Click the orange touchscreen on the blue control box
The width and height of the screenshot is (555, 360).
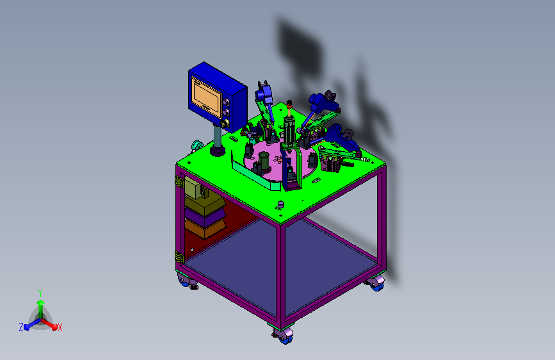(x=207, y=96)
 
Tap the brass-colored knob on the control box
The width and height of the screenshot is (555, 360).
(x=225, y=123)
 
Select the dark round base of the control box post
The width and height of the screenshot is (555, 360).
(x=218, y=151)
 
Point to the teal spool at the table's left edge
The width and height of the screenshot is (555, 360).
(x=197, y=145)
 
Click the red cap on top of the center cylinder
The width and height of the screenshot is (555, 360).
(x=289, y=103)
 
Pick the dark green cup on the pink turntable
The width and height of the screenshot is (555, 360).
(x=263, y=160)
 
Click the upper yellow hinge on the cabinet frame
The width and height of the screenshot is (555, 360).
(x=179, y=181)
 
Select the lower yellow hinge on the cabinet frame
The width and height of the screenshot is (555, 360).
(x=179, y=256)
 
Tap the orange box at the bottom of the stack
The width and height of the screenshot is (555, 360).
(x=205, y=229)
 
